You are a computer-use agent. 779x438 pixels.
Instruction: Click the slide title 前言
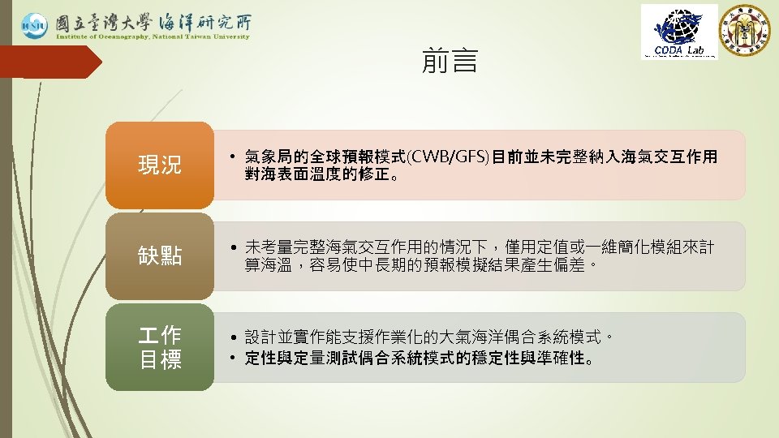(x=450, y=61)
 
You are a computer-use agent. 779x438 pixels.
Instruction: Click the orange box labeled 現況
(x=160, y=165)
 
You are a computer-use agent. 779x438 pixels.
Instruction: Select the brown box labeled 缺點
(x=160, y=256)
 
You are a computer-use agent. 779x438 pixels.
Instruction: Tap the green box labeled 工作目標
(x=160, y=347)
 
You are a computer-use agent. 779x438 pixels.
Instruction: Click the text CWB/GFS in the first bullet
(x=450, y=156)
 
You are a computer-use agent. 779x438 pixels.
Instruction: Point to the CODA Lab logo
(x=679, y=32)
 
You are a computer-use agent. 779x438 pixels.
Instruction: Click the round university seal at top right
(x=747, y=30)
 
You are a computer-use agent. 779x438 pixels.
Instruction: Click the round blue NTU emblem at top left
(x=34, y=26)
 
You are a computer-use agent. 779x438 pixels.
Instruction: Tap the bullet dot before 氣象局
(x=232, y=157)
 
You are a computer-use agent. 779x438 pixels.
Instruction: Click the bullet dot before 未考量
(x=232, y=247)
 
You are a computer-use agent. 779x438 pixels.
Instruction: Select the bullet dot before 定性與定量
(x=232, y=358)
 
